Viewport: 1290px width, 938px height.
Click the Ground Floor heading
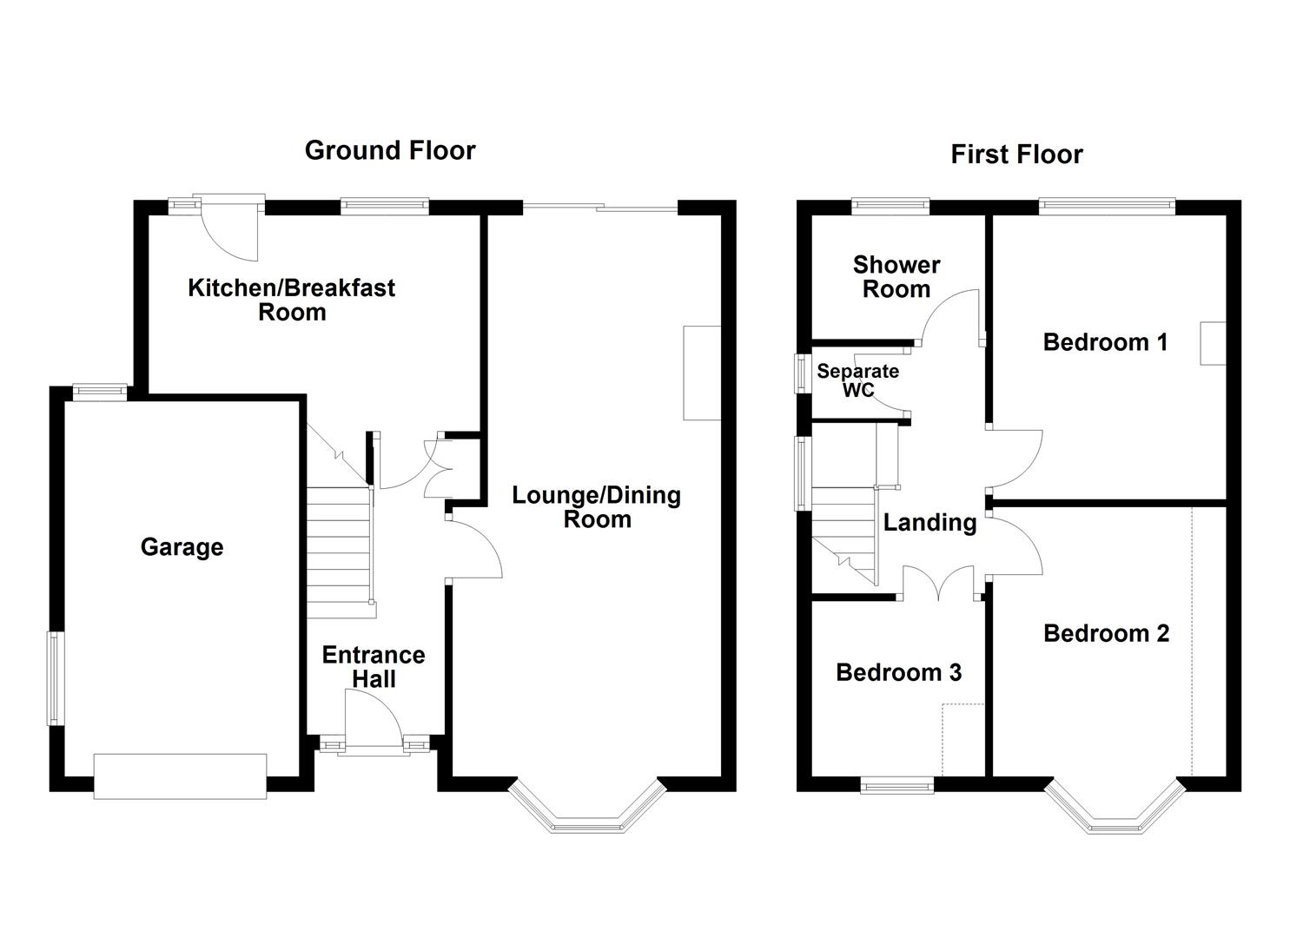[390, 150]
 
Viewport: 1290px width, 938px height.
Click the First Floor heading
[1016, 155]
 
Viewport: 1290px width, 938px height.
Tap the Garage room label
[182, 547]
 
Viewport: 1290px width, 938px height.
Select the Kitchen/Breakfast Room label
[292, 300]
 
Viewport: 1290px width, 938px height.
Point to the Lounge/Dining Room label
[597, 507]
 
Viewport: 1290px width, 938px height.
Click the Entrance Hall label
[374, 667]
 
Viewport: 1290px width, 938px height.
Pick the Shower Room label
[896, 277]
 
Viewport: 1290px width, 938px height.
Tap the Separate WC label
[857, 380]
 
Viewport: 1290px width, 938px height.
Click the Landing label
[929, 523]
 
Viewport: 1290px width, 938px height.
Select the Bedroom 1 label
[1105, 342]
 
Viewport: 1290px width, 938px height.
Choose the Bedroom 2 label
[1106, 634]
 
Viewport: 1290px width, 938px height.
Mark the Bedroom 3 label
[898, 673]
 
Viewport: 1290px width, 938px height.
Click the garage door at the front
[181, 776]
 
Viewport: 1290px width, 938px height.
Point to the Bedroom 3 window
[897, 786]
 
